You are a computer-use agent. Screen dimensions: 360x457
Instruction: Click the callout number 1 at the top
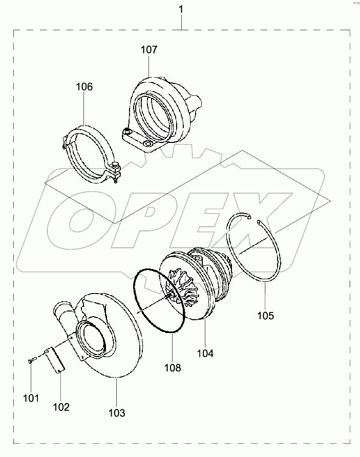[x=180, y=9]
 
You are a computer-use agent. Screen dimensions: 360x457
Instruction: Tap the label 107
[x=149, y=50]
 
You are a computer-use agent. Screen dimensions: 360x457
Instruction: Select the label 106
[x=84, y=87]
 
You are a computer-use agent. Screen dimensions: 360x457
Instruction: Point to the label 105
[x=265, y=316]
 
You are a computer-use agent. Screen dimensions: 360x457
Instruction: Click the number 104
[x=205, y=353]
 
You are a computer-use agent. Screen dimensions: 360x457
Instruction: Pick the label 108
[x=173, y=367]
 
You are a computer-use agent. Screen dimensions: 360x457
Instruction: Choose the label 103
[x=117, y=412]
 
